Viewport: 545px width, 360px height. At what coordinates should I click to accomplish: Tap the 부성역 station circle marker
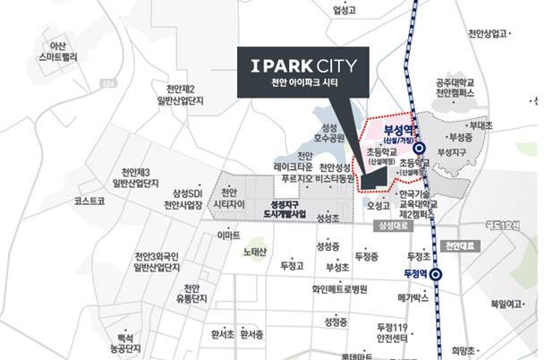420,150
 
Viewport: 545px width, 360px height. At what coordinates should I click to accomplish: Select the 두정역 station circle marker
436,275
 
